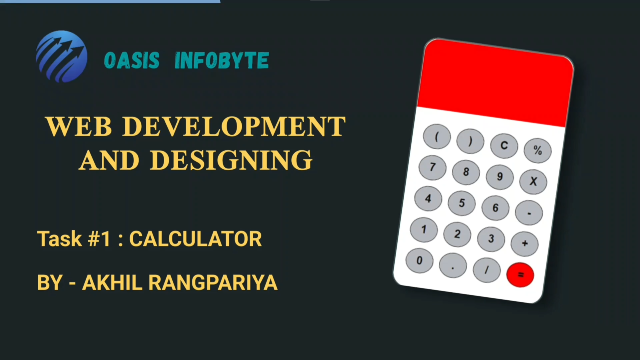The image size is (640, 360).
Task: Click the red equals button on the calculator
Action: point(520,275)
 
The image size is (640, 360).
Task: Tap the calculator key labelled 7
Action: point(432,167)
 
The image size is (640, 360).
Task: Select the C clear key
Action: point(504,146)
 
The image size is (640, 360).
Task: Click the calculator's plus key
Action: point(525,244)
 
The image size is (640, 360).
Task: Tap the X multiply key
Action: point(533,182)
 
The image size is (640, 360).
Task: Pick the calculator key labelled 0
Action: point(419,261)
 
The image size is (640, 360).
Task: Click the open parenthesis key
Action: point(437,137)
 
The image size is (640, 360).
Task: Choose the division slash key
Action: point(487,270)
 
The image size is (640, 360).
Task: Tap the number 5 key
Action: point(462,203)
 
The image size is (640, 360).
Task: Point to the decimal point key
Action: point(453,265)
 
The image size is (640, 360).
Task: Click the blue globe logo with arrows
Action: point(62,56)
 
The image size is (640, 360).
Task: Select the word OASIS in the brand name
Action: point(132,61)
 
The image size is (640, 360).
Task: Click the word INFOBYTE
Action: point(222,61)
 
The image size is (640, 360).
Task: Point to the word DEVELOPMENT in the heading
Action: point(234,127)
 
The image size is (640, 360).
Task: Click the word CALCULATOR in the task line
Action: point(196,239)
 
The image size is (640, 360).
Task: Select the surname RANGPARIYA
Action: point(213,283)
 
